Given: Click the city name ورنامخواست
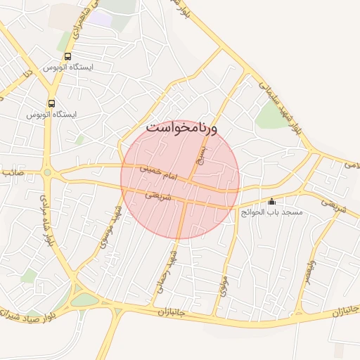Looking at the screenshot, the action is [182, 129].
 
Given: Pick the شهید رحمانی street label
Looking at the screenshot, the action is [166, 271].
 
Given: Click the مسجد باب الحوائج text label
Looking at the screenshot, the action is [271, 212].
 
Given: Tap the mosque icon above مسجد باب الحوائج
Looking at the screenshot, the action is [272, 202].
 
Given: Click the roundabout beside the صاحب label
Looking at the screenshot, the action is [48, 172].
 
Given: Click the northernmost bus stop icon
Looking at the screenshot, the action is [67, 56].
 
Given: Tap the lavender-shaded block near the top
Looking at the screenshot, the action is [102, 19].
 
